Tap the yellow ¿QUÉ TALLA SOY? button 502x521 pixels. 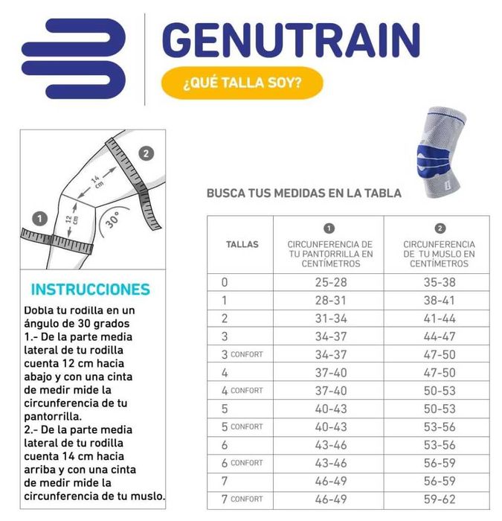click(x=242, y=83)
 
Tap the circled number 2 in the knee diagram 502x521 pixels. click(x=147, y=154)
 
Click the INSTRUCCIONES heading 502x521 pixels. click(x=90, y=290)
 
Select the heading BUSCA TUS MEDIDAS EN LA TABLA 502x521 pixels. click(x=303, y=194)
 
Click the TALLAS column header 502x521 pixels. click(x=242, y=244)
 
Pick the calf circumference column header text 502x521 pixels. click(x=329, y=254)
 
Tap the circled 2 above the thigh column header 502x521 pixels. click(x=440, y=228)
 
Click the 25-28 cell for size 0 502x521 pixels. click(x=329, y=283)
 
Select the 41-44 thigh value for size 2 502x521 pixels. click(x=439, y=319)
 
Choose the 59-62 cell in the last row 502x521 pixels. click(x=439, y=499)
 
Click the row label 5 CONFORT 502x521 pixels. click(x=242, y=426)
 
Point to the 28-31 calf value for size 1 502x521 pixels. click(x=329, y=301)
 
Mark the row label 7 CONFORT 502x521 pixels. click(x=242, y=499)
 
